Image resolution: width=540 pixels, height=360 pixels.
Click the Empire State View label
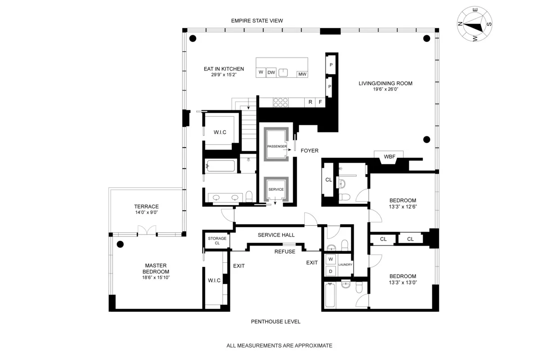point(256,21)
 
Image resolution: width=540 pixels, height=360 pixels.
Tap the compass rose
point(474,25)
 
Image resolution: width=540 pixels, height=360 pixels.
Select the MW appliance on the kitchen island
point(302,74)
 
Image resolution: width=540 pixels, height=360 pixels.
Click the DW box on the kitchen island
point(271,72)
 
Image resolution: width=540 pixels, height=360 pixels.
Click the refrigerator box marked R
point(310,103)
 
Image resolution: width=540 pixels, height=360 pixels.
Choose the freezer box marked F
point(320,103)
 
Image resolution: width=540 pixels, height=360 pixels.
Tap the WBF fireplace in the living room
point(389,157)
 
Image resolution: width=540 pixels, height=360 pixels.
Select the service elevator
point(275,189)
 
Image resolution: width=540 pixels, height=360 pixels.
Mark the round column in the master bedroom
point(120,245)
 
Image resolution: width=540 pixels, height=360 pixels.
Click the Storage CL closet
point(217,241)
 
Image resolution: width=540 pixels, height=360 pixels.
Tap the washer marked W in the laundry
point(330,259)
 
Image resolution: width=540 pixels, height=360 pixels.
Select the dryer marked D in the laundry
point(330,271)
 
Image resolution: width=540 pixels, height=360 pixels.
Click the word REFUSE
point(285,252)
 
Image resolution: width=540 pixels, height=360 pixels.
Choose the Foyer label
point(310,151)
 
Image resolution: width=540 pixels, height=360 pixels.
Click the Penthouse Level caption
point(275,322)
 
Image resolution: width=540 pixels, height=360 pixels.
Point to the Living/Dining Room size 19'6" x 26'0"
point(385,89)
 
